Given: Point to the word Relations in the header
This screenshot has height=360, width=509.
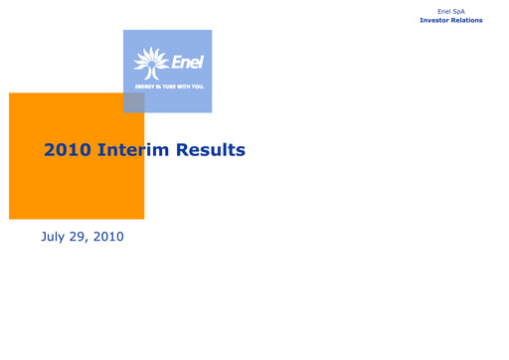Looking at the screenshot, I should tap(468, 20).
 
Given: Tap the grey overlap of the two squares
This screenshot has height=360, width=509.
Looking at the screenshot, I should tap(133, 102).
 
